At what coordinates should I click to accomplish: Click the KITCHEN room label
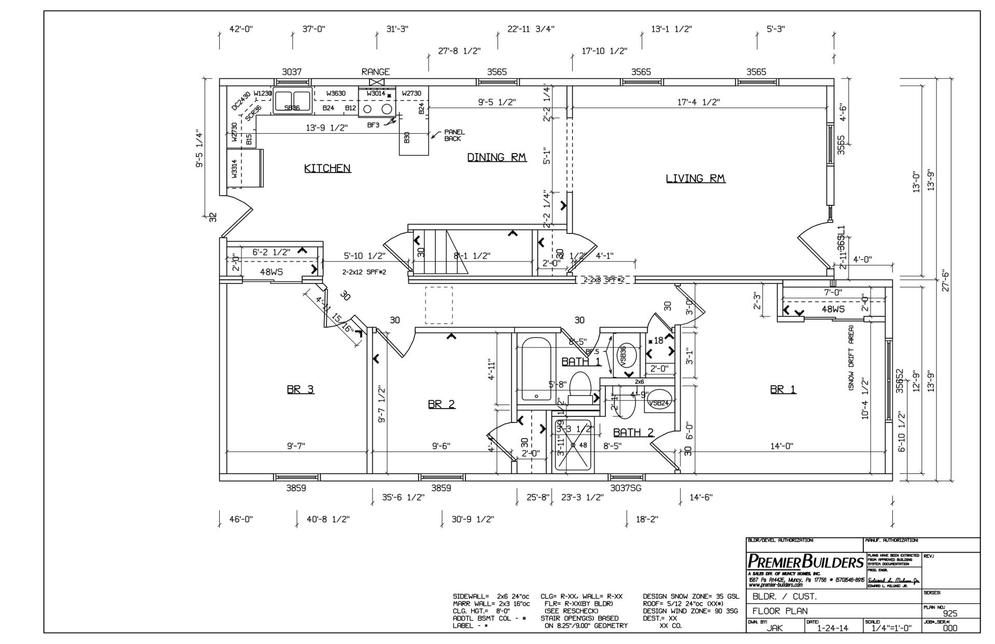point(327,168)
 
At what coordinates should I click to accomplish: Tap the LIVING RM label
point(695,178)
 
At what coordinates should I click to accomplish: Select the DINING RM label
point(496,157)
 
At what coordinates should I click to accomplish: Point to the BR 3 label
point(300,389)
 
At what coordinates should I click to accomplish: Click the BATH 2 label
point(633,432)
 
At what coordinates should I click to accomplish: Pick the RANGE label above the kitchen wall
point(375,72)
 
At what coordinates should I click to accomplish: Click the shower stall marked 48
point(573,445)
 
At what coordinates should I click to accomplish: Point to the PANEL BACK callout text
point(454,135)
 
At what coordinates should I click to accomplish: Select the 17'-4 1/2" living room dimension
point(699,103)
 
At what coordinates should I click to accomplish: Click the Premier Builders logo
point(805,562)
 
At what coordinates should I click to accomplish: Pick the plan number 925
point(950,613)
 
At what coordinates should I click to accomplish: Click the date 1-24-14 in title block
point(832,628)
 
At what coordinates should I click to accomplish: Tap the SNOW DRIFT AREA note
point(850,357)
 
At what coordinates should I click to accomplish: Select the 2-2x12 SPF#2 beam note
point(364,272)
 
